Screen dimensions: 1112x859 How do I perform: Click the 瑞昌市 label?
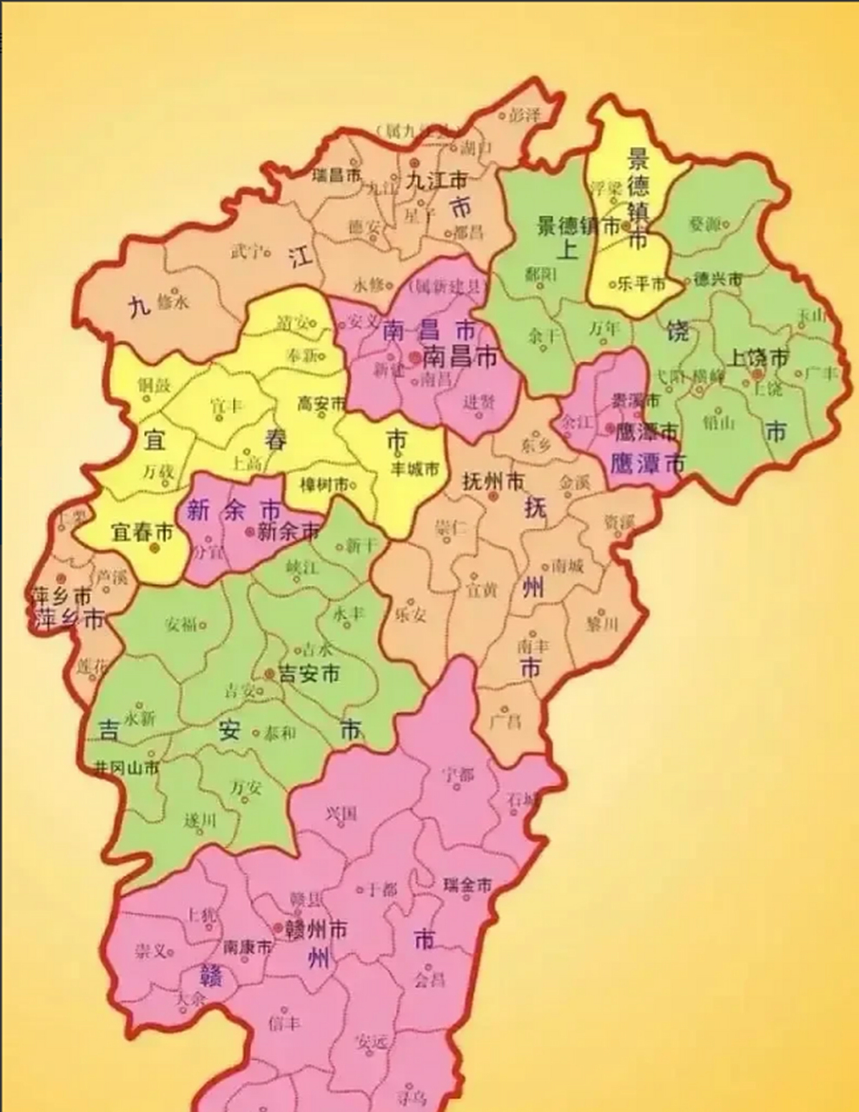[x=336, y=175]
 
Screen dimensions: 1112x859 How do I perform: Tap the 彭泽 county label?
[x=525, y=114]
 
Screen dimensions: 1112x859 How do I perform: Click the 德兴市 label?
[x=718, y=280]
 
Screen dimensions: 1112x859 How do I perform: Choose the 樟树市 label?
[x=324, y=484]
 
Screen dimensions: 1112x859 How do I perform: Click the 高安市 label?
[x=321, y=403]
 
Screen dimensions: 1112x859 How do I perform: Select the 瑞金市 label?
[x=467, y=885]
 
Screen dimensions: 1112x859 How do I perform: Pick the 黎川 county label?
[x=601, y=624]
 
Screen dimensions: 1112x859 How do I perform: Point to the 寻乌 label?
[x=411, y=1096]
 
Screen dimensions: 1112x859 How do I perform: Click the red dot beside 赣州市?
[x=278, y=929]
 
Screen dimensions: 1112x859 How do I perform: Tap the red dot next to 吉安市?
[x=268, y=674]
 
